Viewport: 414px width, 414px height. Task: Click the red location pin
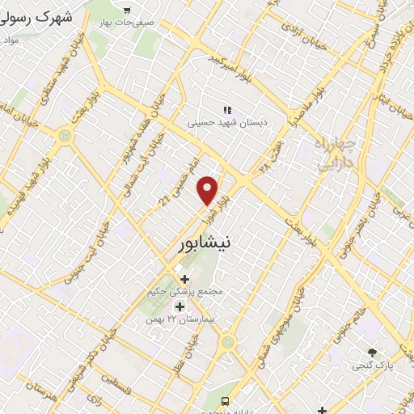click(208, 190)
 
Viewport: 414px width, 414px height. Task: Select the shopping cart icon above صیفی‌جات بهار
click(126, 10)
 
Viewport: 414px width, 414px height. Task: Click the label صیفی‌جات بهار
click(126, 22)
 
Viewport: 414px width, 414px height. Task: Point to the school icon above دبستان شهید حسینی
click(227, 110)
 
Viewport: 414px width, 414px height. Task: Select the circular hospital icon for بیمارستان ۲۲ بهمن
click(180, 306)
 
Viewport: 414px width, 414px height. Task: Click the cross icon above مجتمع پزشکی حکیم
click(185, 279)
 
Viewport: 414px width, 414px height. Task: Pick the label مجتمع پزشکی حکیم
click(185, 291)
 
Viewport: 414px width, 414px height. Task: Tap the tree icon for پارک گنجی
click(372, 353)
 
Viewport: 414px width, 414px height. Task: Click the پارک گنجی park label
click(372, 365)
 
